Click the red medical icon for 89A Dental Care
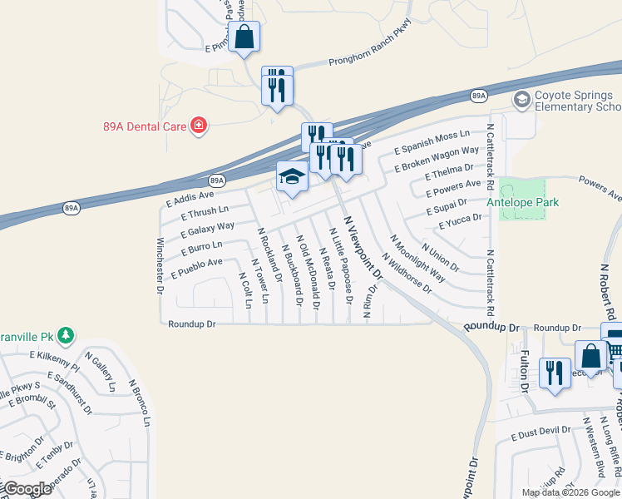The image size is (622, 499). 199,126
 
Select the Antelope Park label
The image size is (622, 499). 524,202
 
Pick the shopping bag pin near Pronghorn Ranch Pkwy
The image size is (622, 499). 244,37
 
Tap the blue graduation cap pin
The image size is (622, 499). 292,178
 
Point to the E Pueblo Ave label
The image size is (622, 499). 196,268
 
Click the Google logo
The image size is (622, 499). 28,489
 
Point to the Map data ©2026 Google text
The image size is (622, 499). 570,492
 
